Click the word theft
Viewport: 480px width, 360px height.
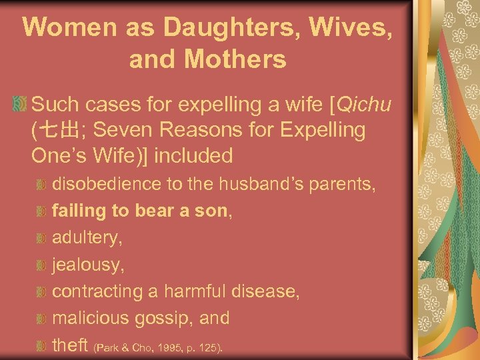tap(70, 345)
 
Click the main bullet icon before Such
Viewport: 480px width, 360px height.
tap(21, 105)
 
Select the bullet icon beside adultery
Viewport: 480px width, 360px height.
tap(41, 238)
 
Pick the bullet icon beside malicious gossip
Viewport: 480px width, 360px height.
tap(41, 319)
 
